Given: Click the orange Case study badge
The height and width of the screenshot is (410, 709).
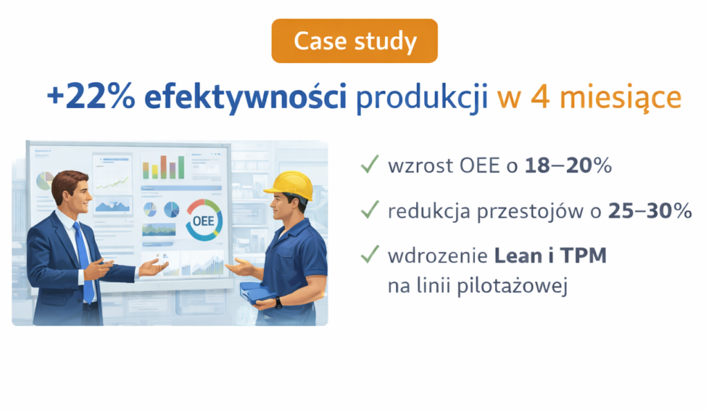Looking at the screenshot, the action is [354, 41].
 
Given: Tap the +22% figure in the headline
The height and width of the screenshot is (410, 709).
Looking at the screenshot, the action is [91, 96].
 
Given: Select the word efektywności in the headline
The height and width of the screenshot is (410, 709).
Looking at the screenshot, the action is [246, 98].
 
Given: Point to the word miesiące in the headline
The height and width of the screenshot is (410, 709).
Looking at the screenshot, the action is [620, 98].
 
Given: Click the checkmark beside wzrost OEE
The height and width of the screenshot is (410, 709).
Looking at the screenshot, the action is [370, 164].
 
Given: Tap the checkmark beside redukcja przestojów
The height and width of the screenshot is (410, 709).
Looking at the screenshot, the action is [370, 209].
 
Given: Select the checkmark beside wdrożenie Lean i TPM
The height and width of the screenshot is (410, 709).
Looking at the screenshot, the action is [370, 254].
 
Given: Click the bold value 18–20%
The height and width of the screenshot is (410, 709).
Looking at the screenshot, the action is [568, 166].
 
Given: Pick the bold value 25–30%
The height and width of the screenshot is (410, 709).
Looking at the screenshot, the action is [649, 211].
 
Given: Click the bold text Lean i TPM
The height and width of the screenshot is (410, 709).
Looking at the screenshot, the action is [550, 256].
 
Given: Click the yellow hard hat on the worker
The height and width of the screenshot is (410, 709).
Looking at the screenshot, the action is [290, 185].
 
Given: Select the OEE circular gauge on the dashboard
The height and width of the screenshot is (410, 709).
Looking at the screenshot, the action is [204, 220].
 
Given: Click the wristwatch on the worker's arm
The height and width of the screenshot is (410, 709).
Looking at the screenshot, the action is [278, 302].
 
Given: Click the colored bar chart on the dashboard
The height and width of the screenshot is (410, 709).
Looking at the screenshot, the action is [163, 167].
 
